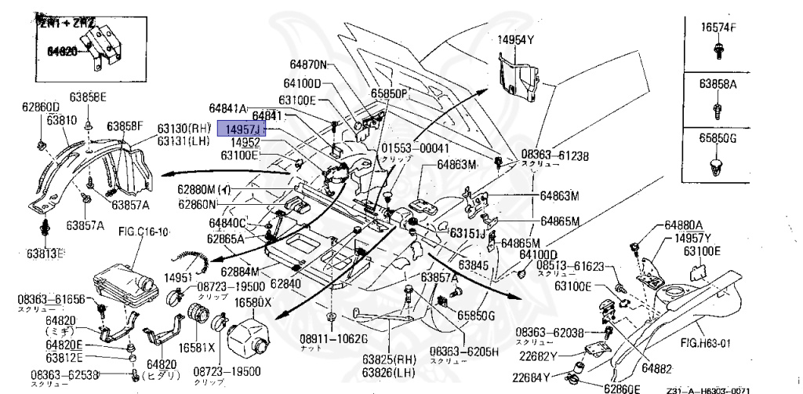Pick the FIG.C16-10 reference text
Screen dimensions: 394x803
pos(142,232)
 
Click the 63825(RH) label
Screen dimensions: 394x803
pos(387,359)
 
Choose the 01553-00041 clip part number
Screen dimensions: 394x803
pos(416,148)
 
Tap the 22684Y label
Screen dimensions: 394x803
pos(547,378)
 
